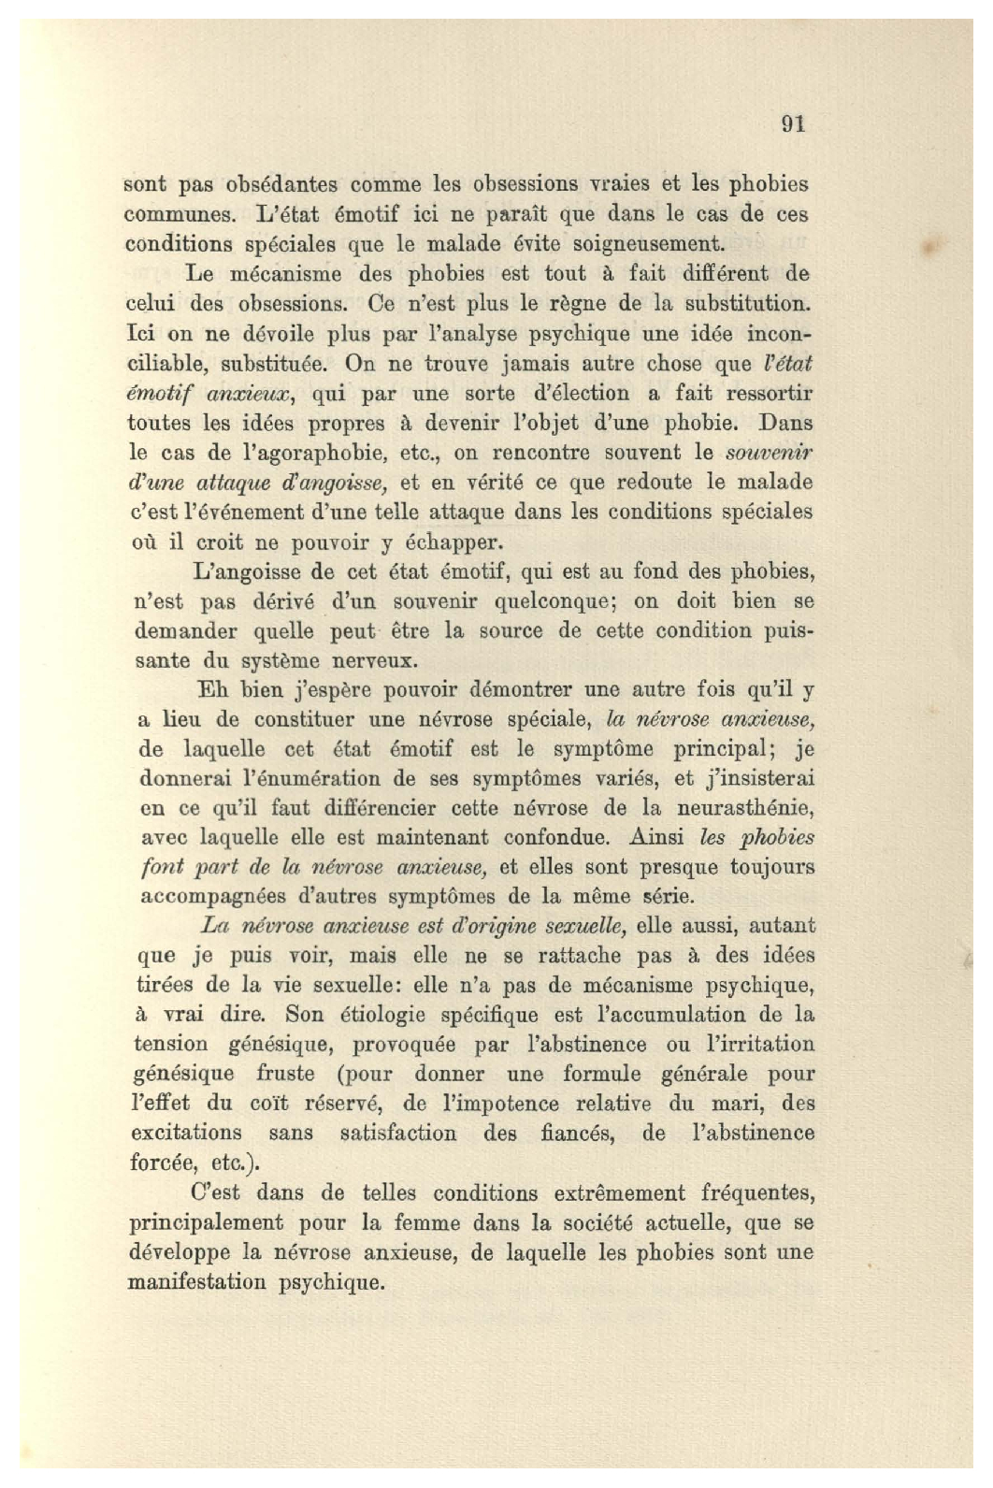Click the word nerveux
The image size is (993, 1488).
(x=369, y=660)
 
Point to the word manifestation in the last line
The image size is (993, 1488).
(x=196, y=1282)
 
